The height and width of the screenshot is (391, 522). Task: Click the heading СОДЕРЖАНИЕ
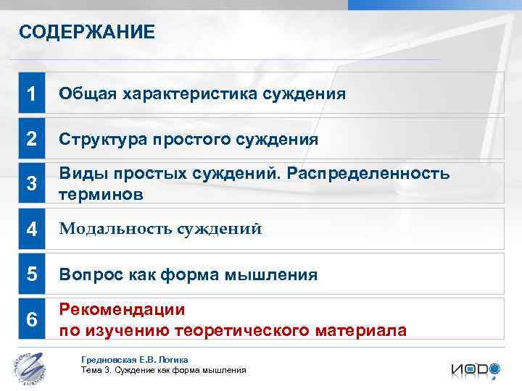[87, 33]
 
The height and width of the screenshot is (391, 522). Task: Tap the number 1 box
[31, 93]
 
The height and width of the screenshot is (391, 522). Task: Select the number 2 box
[31, 139]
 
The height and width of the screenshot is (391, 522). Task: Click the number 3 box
[31, 184]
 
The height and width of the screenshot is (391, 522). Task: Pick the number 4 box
[31, 230]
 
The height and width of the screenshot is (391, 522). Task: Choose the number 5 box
[31, 274]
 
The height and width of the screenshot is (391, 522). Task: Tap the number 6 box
[31, 319]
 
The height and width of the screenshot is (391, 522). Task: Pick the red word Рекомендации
[122, 310]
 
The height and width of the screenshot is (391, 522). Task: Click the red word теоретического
[246, 330]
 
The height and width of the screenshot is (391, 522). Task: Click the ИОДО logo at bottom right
[475, 369]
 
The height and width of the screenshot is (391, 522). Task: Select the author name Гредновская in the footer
[109, 360]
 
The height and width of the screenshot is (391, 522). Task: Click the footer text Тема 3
[96, 370]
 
